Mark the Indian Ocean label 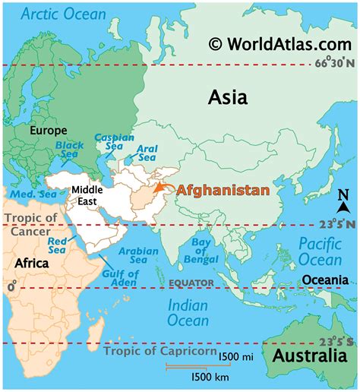(x=188, y=311)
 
